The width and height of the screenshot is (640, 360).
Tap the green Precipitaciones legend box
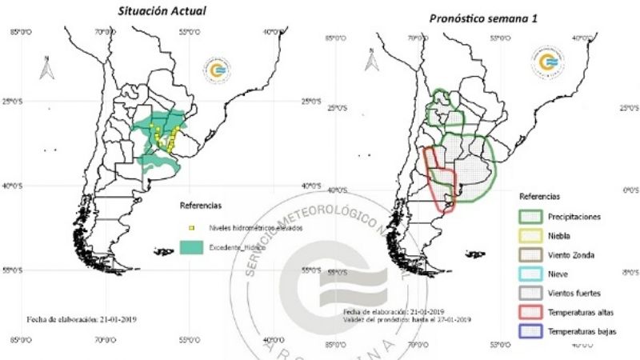coord(530,216)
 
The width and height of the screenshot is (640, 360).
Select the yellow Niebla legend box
coord(530,235)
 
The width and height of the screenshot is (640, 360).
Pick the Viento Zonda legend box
coord(530,254)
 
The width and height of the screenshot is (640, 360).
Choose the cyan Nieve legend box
coord(530,274)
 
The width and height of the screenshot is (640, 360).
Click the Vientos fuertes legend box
coord(530,292)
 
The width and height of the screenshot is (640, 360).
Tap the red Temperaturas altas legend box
coord(530,311)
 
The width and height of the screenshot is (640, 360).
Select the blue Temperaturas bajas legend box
coord(530,330)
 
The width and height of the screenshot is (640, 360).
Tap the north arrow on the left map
coord(46,68)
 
